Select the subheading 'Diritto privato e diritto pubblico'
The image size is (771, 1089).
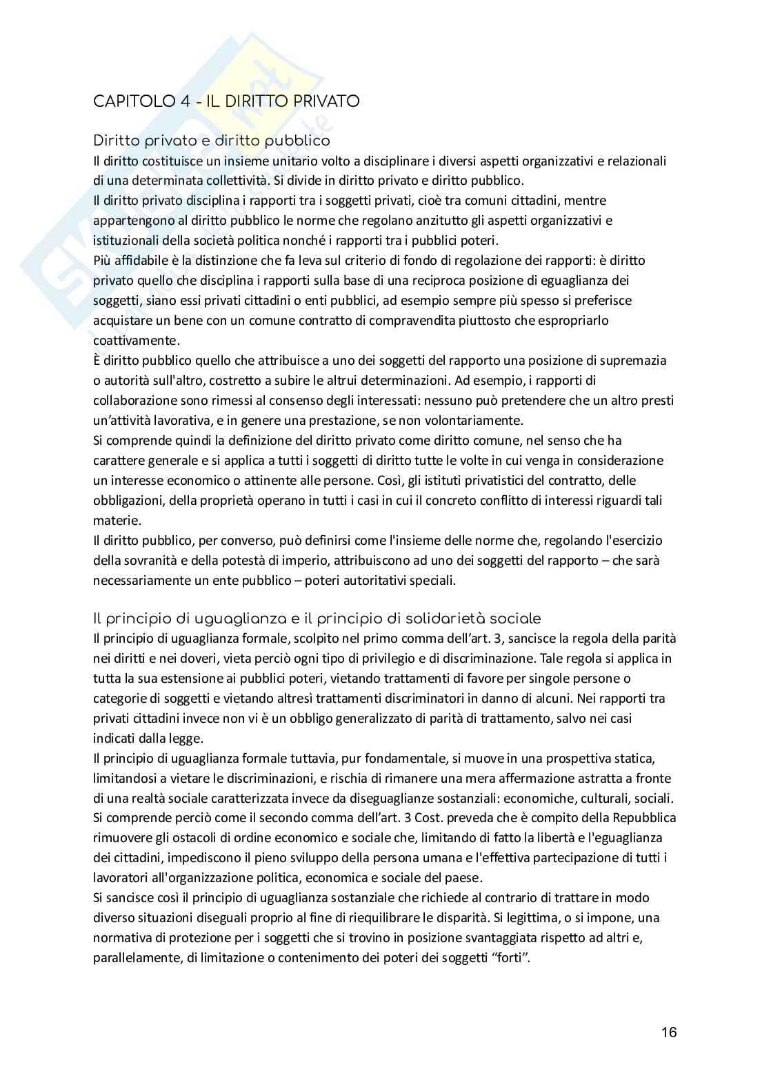coord(211,141)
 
